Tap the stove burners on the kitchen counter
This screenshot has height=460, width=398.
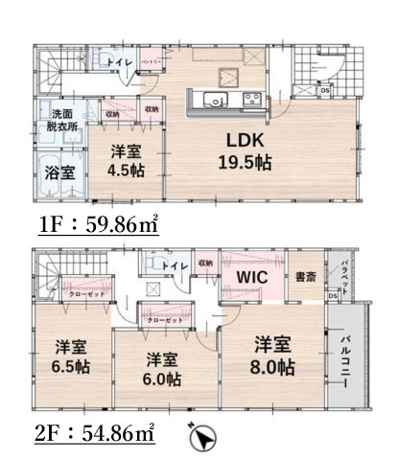[x=254, y=98]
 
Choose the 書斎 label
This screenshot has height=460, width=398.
[x=306, y=277]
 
